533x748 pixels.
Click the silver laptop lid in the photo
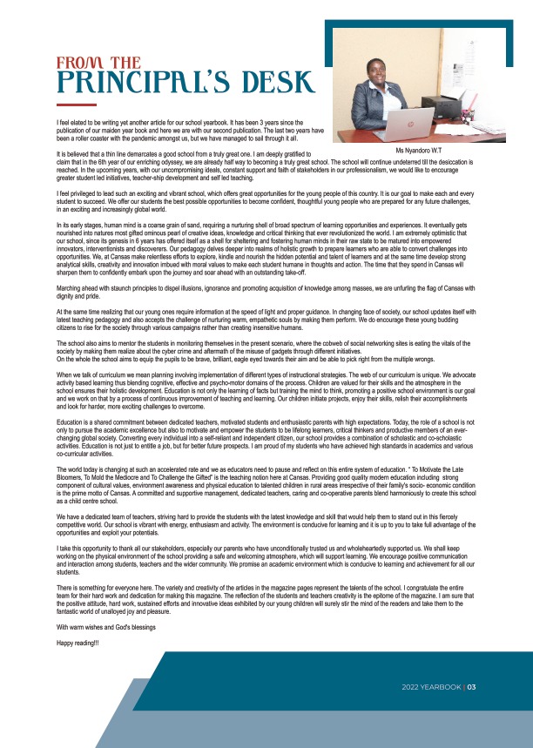point(402,124)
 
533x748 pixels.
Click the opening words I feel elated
point(76,125)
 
